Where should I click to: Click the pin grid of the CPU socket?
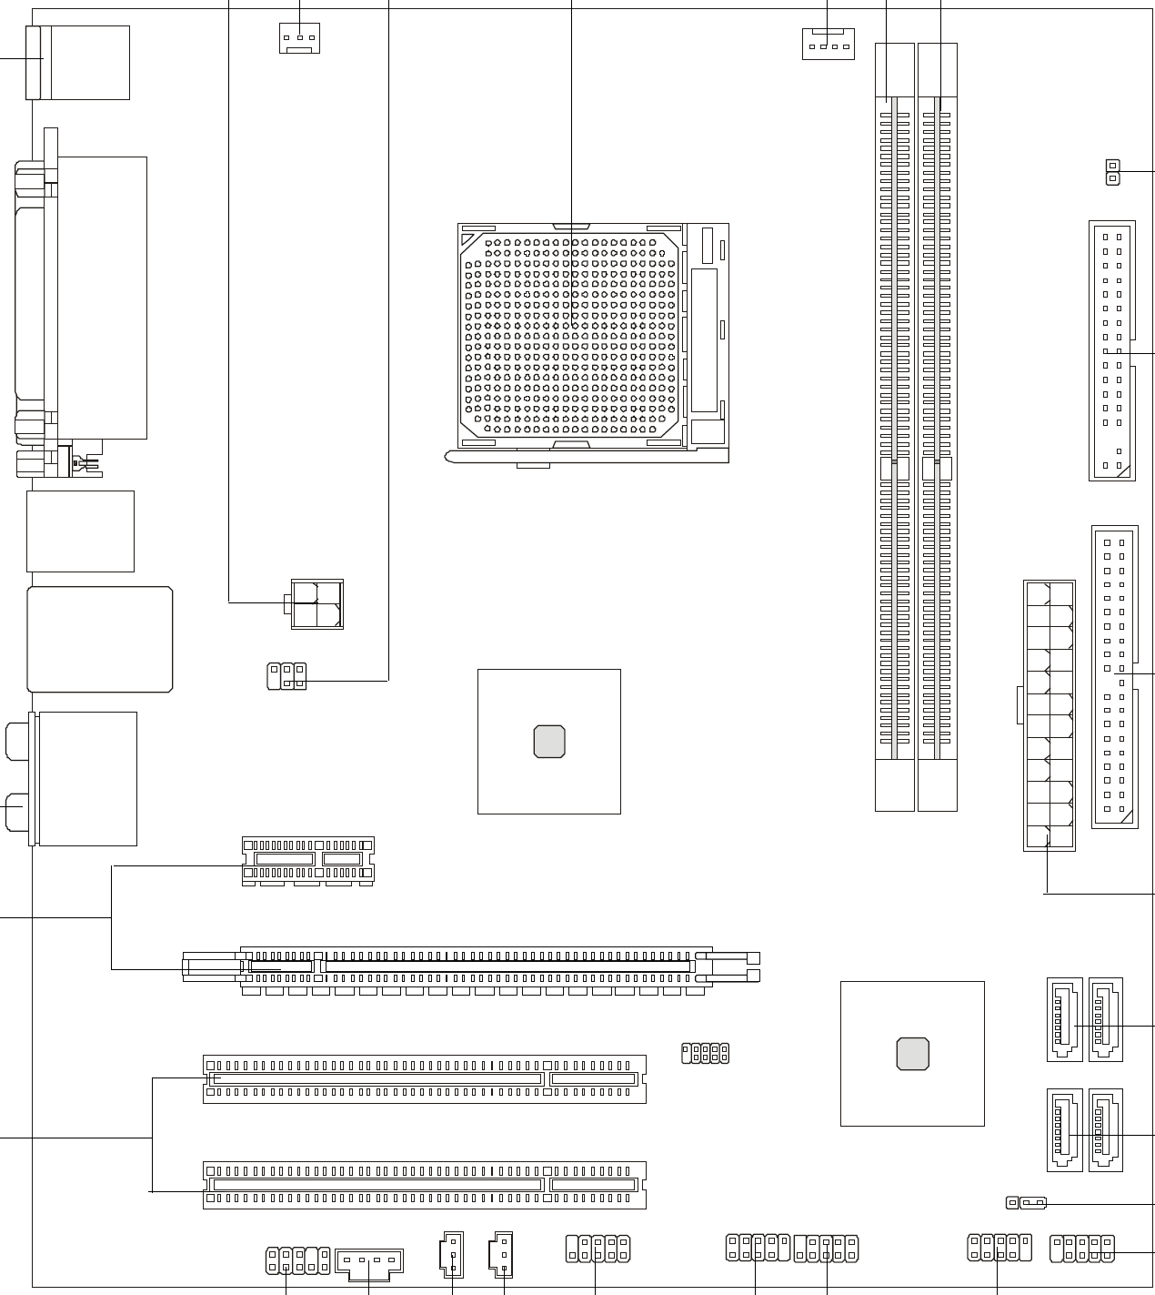coord(571,332)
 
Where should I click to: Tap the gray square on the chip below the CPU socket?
coord(549,742)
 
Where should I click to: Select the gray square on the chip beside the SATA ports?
coord(912,1053)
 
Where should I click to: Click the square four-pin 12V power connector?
coord(317,603)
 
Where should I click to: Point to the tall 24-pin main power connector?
coord(1049,715)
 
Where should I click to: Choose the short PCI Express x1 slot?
coord(307,861)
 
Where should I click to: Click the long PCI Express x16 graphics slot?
coord(471,967)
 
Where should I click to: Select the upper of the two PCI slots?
coord(424,1078)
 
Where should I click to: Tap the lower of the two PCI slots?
coord(424,1185)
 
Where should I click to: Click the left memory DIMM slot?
coord(894,428)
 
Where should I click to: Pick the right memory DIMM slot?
coord(938,428)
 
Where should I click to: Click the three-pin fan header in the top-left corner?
coord(299,38)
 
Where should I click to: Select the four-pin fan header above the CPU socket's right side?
coord(828,44)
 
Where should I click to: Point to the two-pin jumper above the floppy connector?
coord(1111,171)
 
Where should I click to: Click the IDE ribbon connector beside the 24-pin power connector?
coord(1114,677)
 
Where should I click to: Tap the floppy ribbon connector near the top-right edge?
coord(1111,350)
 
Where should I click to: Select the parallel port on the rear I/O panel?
coord(36,291)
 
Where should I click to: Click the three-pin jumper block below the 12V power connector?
coord(286,676)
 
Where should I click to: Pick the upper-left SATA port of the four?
coord(1060,1019)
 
